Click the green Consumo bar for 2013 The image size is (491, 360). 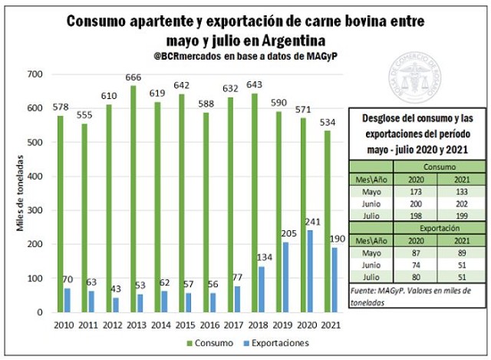[x=133, y=199]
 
